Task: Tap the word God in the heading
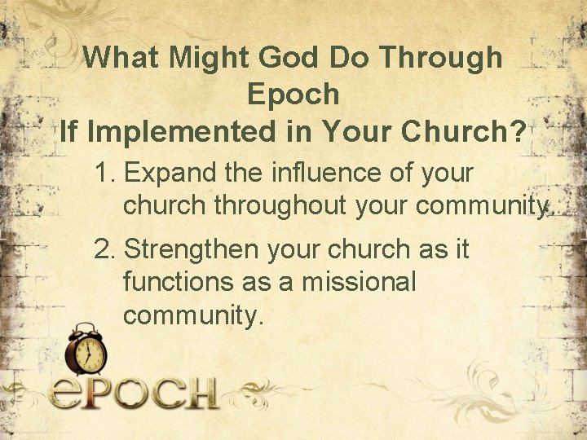pos(280,58)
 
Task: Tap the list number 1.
pos(104,174)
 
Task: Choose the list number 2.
pos(104,249)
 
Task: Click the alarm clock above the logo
pos(86,350)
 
